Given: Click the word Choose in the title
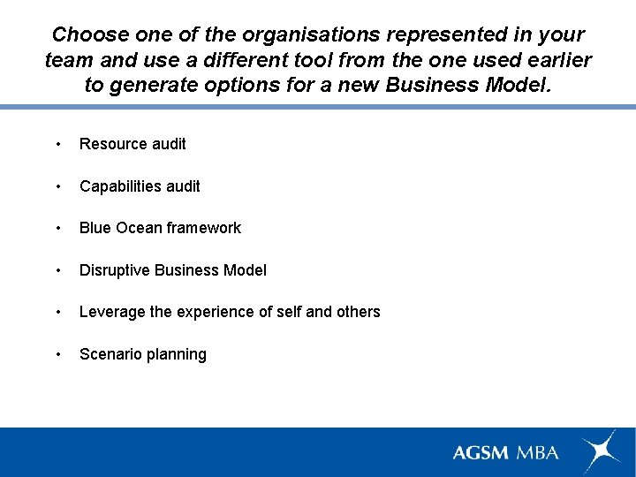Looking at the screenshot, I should (x=87, y=35).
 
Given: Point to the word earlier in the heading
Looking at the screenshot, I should (x=556, y=60).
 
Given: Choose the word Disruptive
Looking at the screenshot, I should (x=115, y=270).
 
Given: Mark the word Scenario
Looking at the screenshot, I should (x=110, y=354).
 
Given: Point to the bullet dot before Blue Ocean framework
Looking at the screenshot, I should (x=57, y=228).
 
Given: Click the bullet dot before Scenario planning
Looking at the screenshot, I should (x=57, y=354).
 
